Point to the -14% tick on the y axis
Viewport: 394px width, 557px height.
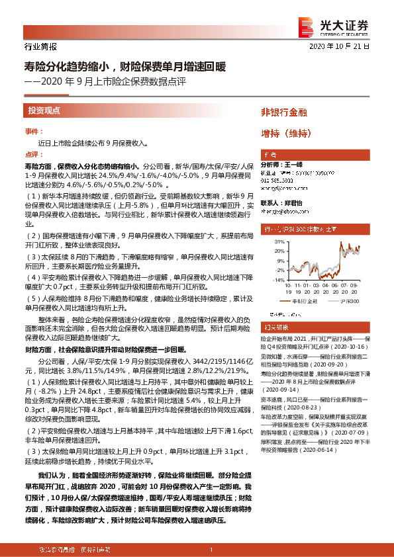[x=270, y=280]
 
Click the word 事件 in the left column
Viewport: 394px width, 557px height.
[x=32, y=132]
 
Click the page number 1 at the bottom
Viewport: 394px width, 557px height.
[x=210, y=550]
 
